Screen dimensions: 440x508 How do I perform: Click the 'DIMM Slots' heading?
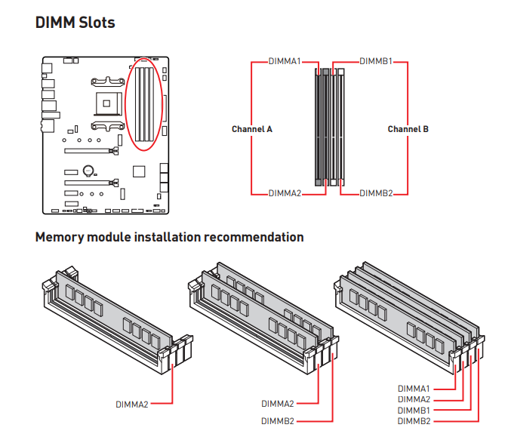pos(75,23)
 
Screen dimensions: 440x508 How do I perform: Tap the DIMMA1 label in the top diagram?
pos(285,60)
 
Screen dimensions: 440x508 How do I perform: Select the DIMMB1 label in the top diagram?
pos(376,60)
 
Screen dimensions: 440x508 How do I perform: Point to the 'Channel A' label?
pos(252,129)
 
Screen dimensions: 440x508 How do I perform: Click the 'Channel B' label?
pos(408,129)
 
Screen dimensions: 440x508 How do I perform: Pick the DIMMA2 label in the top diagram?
pos(285,193)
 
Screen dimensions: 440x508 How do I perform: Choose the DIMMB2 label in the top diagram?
pos(376,193)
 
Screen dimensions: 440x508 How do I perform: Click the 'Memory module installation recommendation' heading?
pos(169,237)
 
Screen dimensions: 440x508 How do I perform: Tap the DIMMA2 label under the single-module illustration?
pos(132,404)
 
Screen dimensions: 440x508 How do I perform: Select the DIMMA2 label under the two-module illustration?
pos(278,404)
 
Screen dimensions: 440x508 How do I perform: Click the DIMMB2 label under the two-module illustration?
pos(278,420)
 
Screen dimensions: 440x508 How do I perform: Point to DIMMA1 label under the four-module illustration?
pos(414,388)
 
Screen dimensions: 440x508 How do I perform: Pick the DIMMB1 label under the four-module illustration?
pos(414,410)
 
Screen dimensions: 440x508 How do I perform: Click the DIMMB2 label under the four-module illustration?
pos(414,420)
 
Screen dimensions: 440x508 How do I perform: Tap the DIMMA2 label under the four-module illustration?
pos(414,399)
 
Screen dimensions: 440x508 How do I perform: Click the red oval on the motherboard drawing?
pos(144,106)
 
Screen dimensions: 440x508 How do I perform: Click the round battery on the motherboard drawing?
pos(88,171)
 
